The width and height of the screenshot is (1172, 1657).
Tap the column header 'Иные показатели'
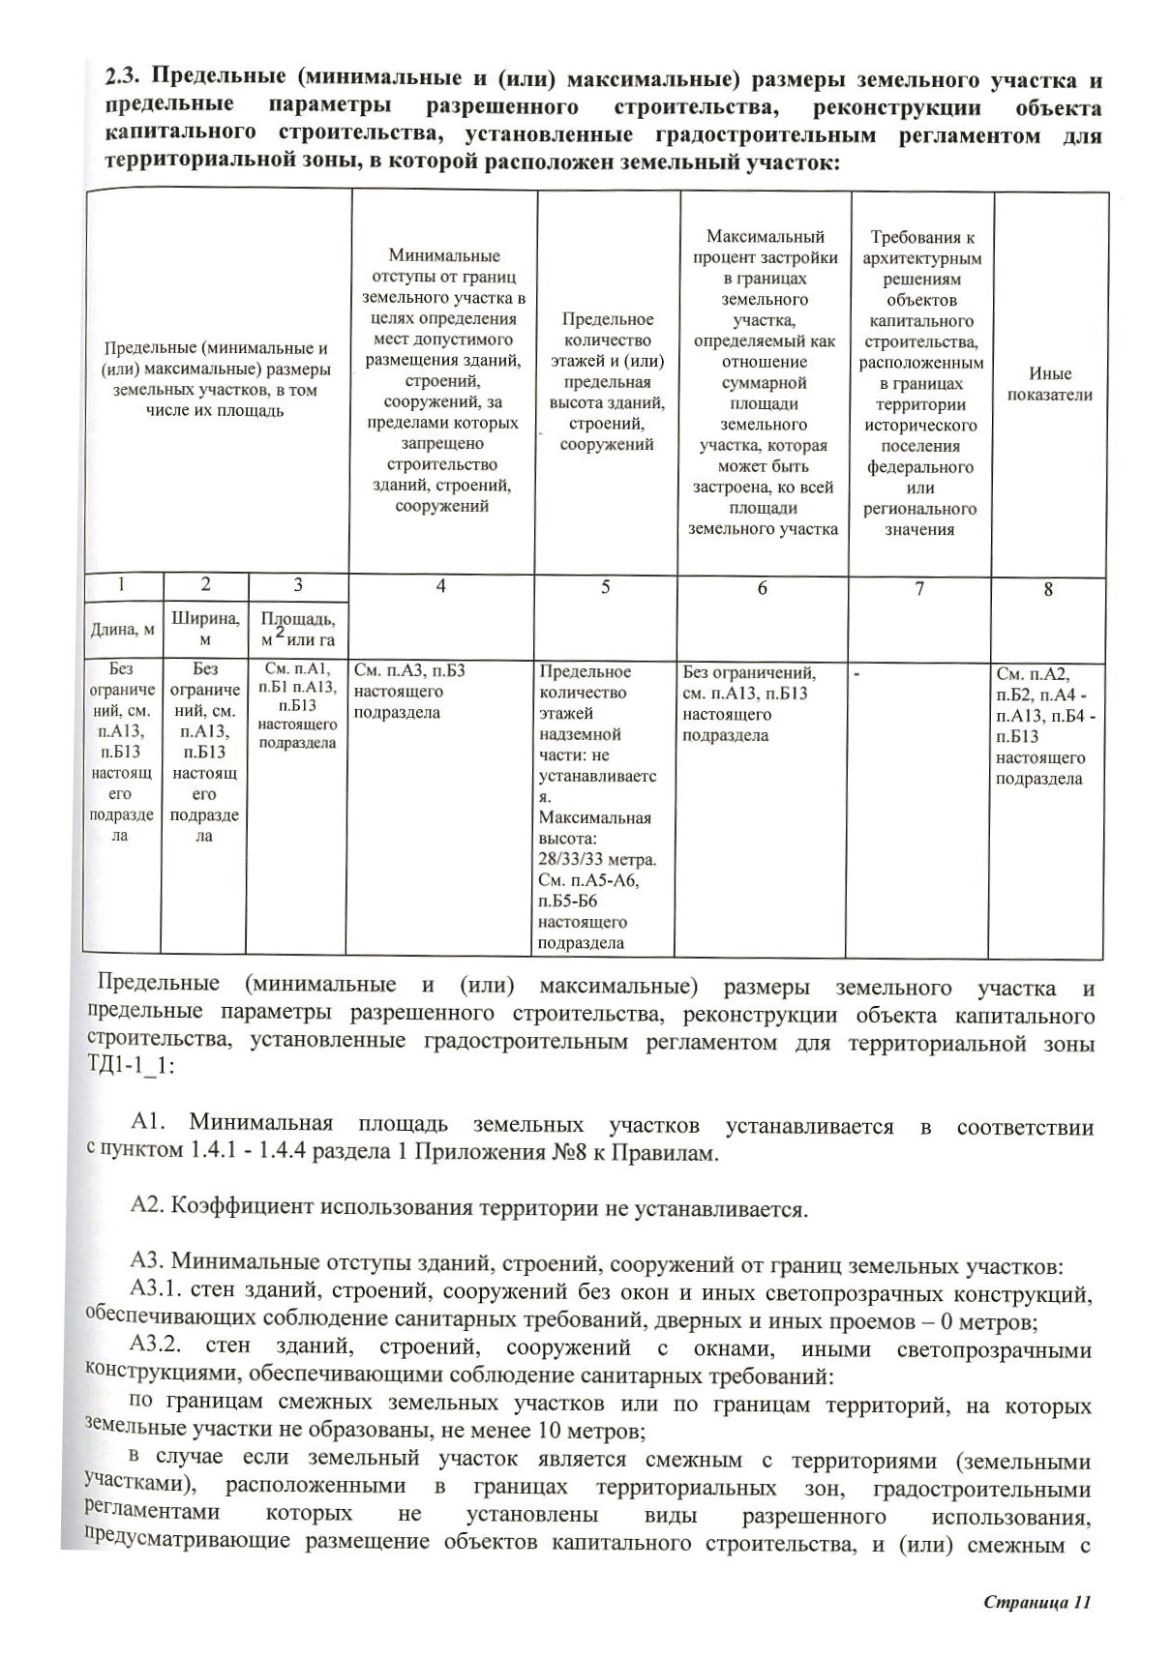(x=1049, y=384)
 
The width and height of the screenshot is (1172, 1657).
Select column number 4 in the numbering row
(x=441, y=586)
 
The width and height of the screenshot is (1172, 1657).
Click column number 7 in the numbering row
(x=919, y=588)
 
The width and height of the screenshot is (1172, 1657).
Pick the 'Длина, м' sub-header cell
(x=122, y=630)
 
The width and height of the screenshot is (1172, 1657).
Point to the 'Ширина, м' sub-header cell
(x=204, y=628)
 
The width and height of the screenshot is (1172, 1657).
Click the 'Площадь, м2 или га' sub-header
(x=297, y=629)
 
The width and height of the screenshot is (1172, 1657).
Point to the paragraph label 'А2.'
(x=149, y=1207)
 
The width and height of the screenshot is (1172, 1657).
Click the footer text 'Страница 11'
(x=1037, y=1602)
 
